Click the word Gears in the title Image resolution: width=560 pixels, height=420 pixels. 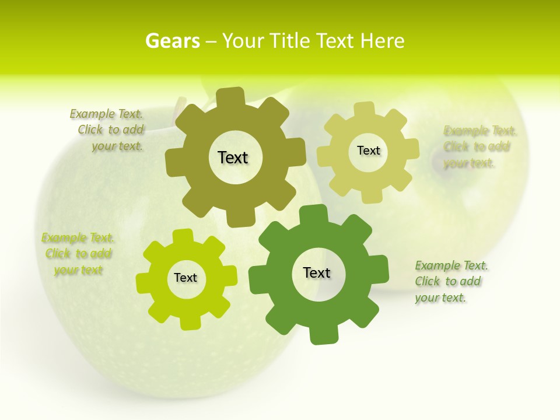tap(172, 41)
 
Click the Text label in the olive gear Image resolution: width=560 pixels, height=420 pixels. tap(233, 157)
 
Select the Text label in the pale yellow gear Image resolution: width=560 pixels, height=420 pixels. tap(368, 150)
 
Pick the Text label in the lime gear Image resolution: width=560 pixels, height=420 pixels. tap(185, 278)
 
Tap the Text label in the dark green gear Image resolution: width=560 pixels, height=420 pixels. tap(317, 272)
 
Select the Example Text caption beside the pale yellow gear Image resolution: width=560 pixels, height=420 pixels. tap(478, 146)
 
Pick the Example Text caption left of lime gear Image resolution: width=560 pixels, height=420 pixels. tap(78, 254)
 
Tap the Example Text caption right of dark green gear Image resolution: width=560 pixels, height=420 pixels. tap(450, 281)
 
